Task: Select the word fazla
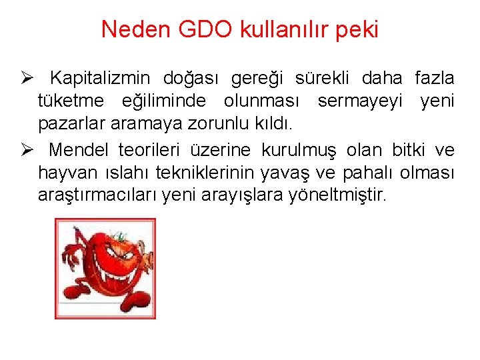435,79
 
